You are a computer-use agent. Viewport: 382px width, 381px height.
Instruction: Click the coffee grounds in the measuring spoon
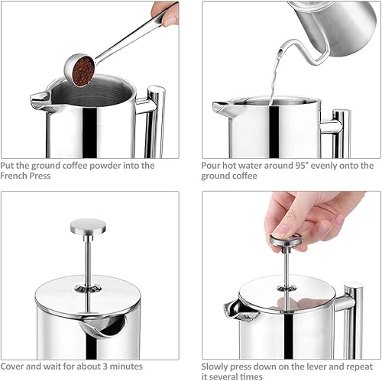(x=83, y=70)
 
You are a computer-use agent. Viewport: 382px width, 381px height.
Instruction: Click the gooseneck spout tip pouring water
(x=280, y=51)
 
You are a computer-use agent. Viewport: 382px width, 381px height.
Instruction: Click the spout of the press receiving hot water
(x=221, y=108)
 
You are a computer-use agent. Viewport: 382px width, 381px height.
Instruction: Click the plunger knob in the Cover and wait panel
(x=88, y=227)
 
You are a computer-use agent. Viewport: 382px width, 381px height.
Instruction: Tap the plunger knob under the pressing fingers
(x=286, y=242)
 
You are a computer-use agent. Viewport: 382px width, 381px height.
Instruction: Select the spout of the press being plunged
(x=238, y=311)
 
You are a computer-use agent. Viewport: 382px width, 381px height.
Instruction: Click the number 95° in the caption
(x=302, y=166)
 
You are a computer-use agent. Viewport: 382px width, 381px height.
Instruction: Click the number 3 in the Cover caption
(x=105, y=366)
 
